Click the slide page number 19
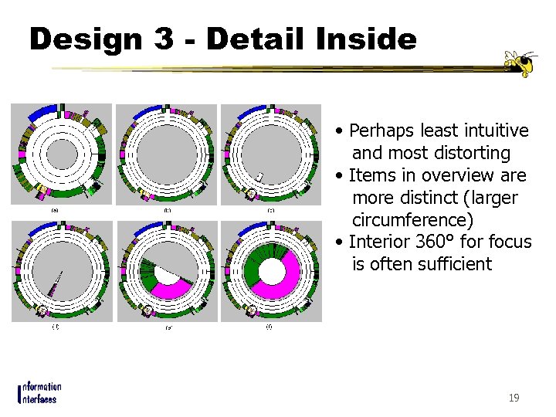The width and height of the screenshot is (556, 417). (514, 398)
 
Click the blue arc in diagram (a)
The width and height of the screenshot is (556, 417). (43, 112)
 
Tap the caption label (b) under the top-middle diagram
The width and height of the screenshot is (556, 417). (167, 210)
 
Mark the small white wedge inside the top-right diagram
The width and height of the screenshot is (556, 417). (260, 178)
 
